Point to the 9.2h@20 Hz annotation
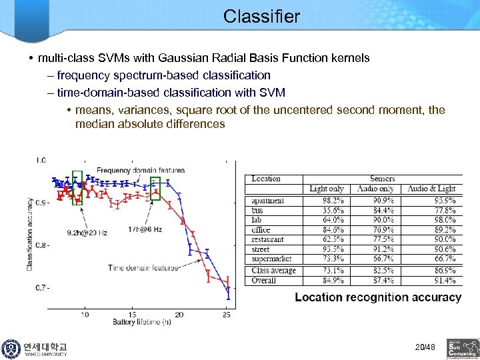pos(87,233)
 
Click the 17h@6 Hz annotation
pos(145,229)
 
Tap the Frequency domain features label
pos(140,171)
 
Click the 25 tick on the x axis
pos(227,315)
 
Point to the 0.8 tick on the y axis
pos(41,245)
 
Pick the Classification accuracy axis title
pos(30,233)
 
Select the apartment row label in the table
pos(268,201)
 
